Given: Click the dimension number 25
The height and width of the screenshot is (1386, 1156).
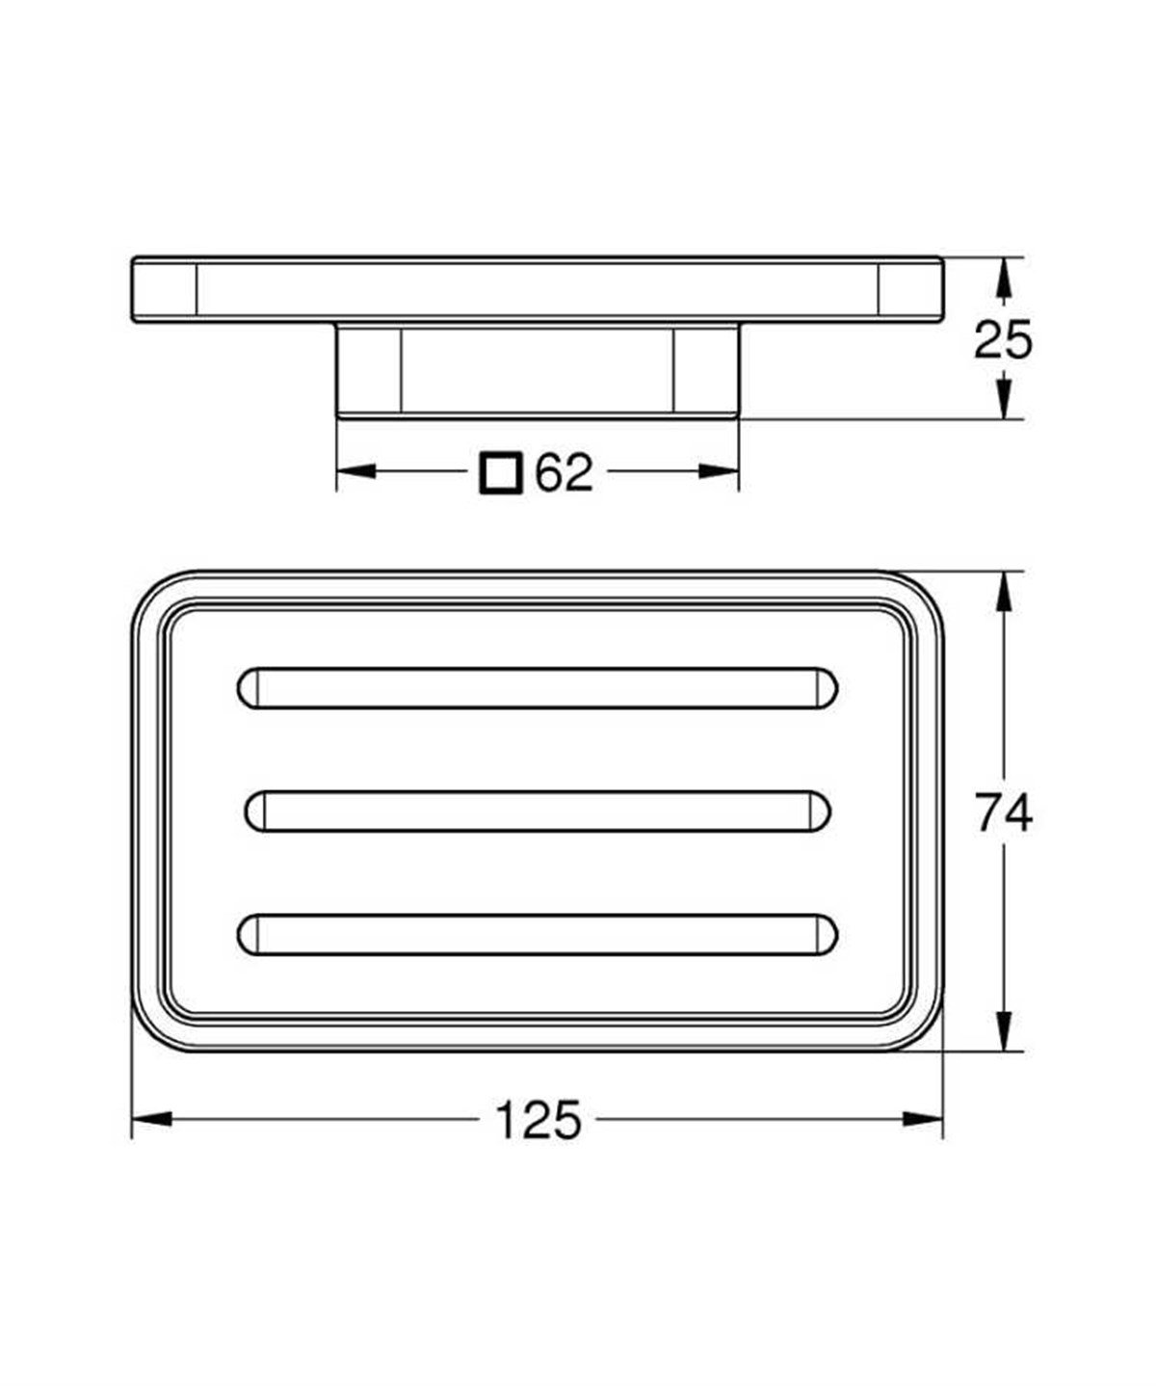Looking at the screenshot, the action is pyautogui.click(x=1003, y=340).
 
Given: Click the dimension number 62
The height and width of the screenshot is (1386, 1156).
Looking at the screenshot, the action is pyautogui.click(x=564, y=472).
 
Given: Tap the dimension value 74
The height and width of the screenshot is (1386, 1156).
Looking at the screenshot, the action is pyautogui.click(x=1004, y=813).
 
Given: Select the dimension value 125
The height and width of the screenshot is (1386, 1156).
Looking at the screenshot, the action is pyautogui.click(x=539, y=1121).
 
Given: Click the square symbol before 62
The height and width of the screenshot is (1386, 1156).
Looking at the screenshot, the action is pyautogui.click(x=501, y=473).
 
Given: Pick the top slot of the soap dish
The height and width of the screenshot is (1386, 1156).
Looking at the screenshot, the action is pyautogui.click(x=537, y=688).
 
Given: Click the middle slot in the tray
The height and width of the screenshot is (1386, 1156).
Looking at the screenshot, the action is pyautogui.click(x=538, y=812).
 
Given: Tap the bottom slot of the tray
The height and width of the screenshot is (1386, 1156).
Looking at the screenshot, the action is pyautogui.click(x=537, y=935).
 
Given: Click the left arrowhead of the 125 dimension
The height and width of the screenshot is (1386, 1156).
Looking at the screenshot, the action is pyautogui.click(x=152, y=1119).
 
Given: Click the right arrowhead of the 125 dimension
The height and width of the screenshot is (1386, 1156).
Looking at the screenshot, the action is pyautogui.click(x=923, y=1119).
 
